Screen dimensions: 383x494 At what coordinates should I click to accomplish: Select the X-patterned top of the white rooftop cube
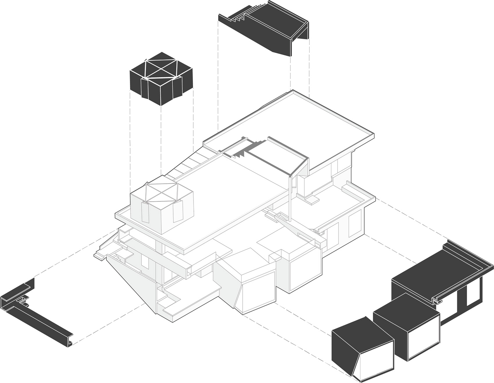pos(162,190)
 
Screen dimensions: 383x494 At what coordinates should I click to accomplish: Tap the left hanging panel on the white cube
pos(145,213)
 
